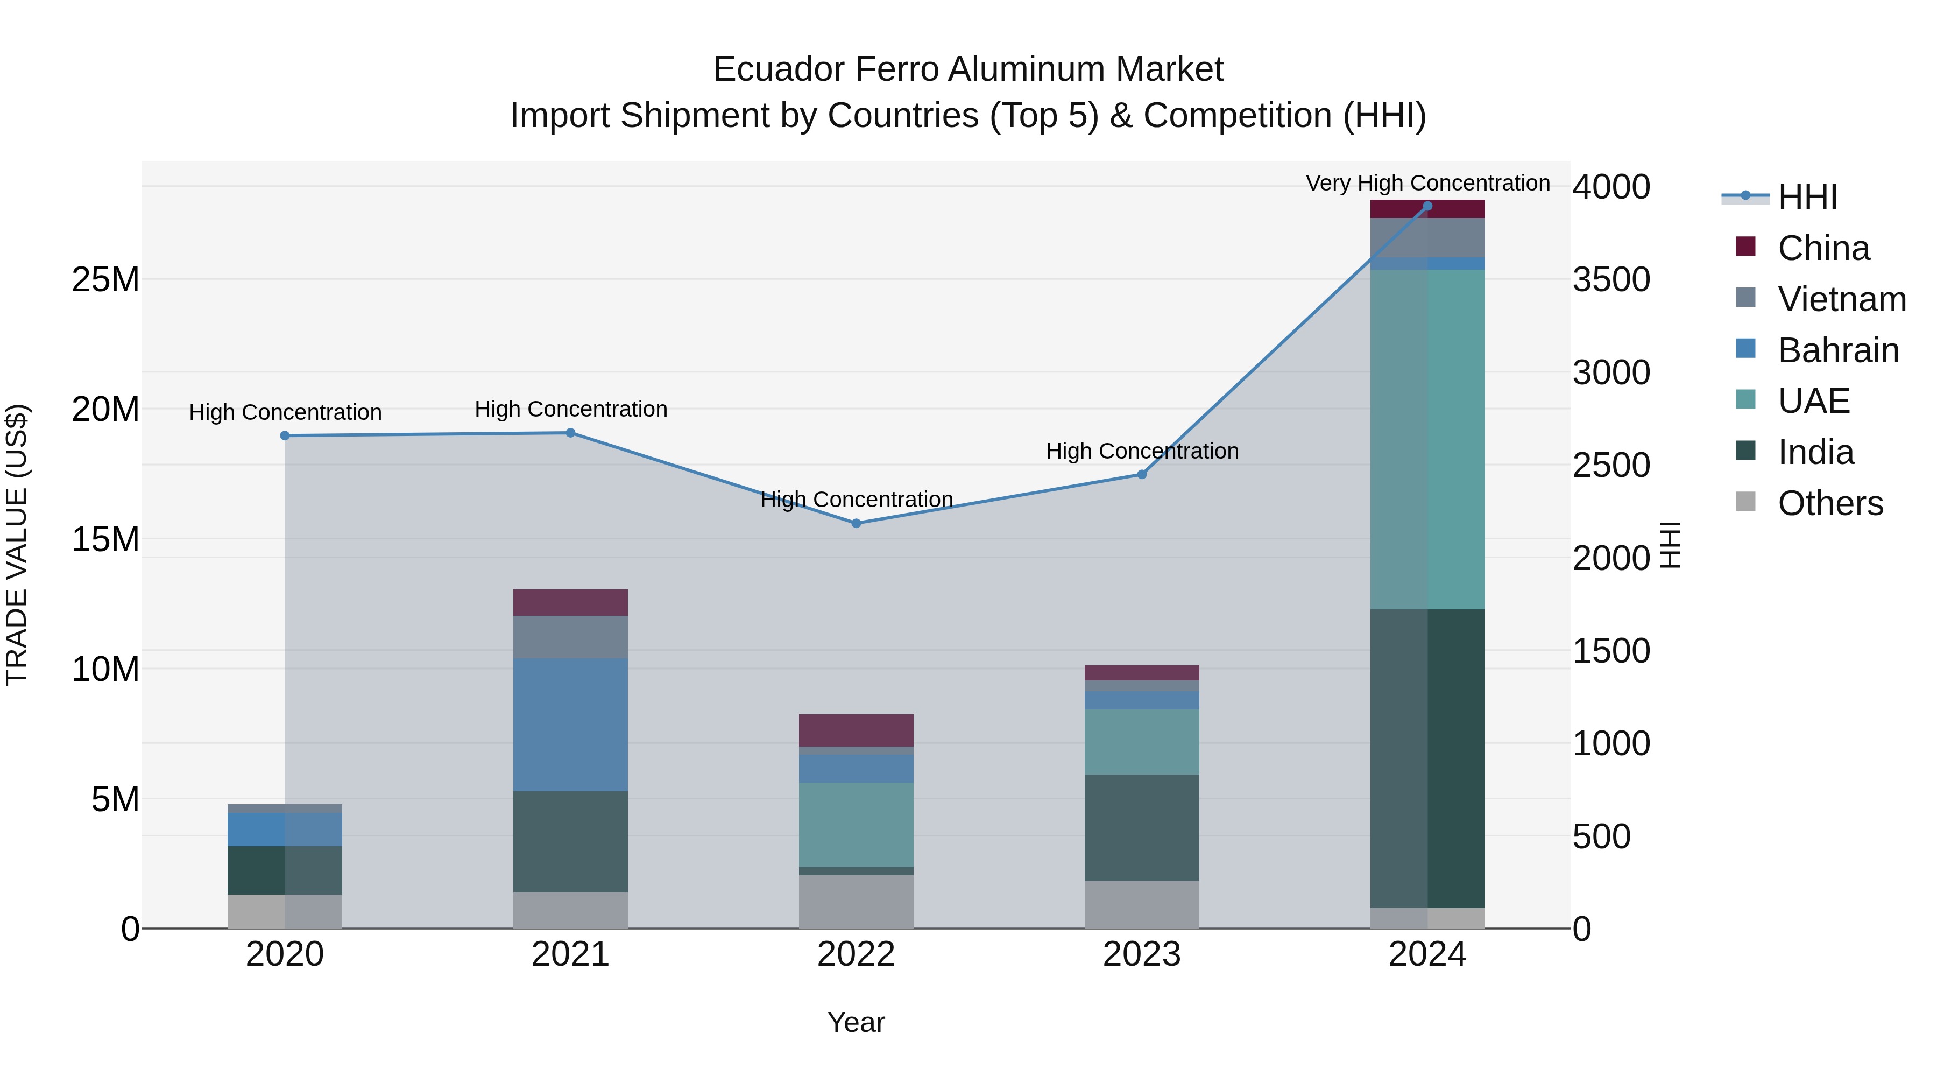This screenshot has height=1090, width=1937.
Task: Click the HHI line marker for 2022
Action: point(856,523)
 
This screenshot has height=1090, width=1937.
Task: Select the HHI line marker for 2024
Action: point(1427,206)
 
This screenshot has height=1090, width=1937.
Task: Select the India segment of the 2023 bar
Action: point(1141,827)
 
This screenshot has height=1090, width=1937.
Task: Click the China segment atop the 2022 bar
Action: point(856,730)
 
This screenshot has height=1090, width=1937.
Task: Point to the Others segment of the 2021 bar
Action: point(570,910)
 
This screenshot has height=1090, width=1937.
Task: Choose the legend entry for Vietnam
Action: point(1841,299)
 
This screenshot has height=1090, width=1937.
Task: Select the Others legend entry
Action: point(1829,503)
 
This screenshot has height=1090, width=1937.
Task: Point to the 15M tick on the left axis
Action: point(105,539)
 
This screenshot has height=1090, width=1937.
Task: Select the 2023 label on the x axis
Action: point(1141,954)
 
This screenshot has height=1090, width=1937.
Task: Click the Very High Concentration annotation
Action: point(1427,183)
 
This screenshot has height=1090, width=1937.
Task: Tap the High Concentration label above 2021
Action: point(570,409)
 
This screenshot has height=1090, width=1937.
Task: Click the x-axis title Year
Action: point(856,1022)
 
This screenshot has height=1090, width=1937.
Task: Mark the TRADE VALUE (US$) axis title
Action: point(17,545)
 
